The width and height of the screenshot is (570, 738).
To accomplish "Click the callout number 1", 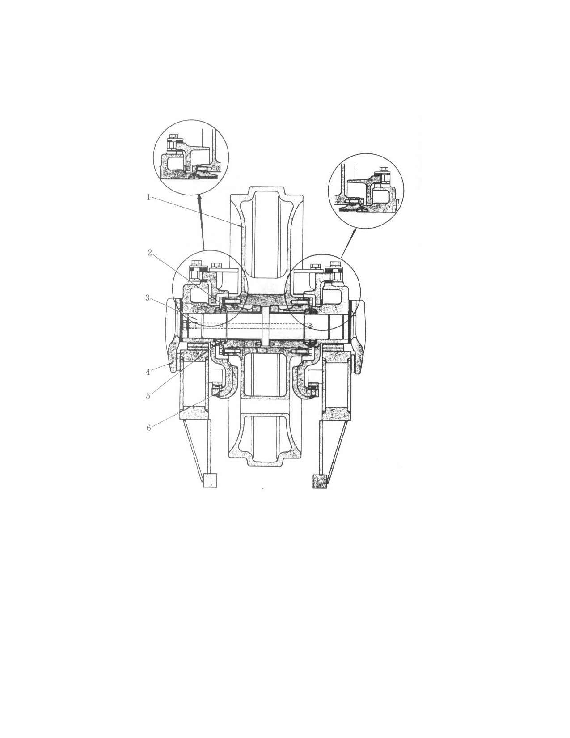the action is (148, 197).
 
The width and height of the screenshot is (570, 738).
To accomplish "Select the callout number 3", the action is (148, 298).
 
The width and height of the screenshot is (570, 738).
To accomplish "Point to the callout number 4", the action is (148, 372).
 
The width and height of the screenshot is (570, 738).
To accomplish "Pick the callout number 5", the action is (148, 396).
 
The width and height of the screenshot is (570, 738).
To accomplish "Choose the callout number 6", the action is (148, 428).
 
